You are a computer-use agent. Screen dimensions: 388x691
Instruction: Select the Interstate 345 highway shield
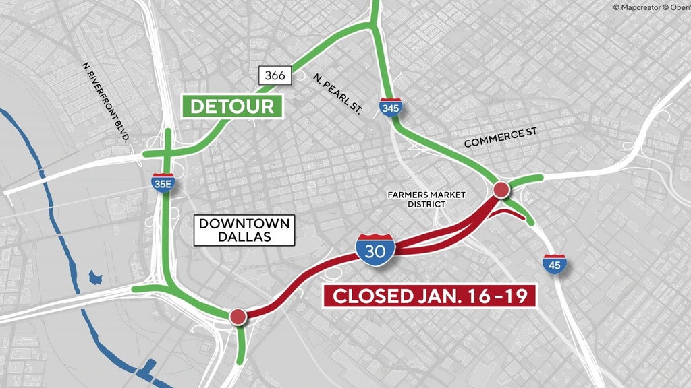click(x=389, y=107)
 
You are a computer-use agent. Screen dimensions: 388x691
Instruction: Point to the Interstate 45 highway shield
click(x=554, y=263)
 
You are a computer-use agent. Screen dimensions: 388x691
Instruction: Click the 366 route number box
click(x=275, y=75)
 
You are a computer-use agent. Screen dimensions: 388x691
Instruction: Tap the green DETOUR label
click(x=232, y=106)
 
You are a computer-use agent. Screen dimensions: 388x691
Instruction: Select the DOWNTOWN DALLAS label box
click(x=244, y=230)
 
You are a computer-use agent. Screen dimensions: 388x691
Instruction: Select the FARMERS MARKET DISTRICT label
click(x=426, y=199)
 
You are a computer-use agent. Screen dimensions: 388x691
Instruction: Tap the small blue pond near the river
click(x=96, y=277)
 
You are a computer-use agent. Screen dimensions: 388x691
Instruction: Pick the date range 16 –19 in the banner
click(x=497, y=296)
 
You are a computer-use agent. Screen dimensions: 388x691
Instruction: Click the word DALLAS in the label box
click(x=244, y=238)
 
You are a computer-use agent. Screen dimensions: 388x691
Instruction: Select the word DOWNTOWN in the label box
click(x=244, y=223)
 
